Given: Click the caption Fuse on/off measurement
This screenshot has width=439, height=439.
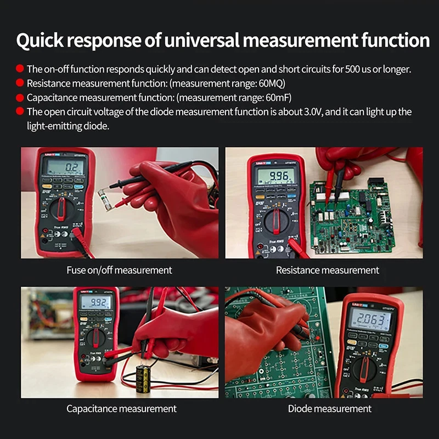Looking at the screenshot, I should point(119,270).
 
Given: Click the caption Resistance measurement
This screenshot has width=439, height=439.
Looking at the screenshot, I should point(327,270).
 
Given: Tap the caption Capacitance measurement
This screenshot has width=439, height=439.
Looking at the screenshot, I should point(121,409).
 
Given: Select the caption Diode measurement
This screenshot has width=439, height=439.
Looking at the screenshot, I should point(329,409).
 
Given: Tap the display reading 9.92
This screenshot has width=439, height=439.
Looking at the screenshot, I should point(95,302).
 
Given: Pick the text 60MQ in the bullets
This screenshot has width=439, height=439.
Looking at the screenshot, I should point(269,83).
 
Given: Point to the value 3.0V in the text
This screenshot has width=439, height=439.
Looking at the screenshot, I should point(317,112).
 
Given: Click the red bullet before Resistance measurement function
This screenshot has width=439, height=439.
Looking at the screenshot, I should point(20,83).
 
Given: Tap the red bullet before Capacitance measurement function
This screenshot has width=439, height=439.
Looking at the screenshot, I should point(20,98).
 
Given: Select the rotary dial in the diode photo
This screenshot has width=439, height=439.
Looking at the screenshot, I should point(365,369).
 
